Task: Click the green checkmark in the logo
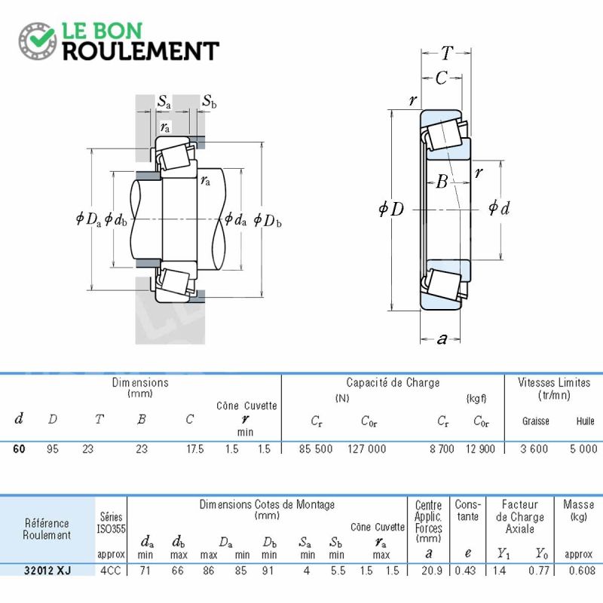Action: point(40,38)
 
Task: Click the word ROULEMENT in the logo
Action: point(141,51)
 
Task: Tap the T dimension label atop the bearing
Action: point(447,53)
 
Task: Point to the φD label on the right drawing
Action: point(391,209)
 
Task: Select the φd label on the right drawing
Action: point(499,208)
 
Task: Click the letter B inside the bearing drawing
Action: point(442,181)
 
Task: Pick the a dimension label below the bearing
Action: point(442,338)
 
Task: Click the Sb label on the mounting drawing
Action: point(210,101)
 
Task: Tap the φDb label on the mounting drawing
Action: point(268,220)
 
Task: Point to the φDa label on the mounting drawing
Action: point(88,219)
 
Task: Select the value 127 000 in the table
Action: point(367,448)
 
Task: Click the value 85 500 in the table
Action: point(316,448)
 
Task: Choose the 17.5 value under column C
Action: point(195,448)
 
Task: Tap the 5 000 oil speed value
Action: point(583,448)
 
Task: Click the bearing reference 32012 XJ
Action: point(47,570)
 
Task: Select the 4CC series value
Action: point(110,570)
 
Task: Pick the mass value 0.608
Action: point(581,570)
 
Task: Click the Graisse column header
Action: point(535,421)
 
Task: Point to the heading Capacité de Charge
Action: point(393,383)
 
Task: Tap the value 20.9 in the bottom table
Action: point(432,570)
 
